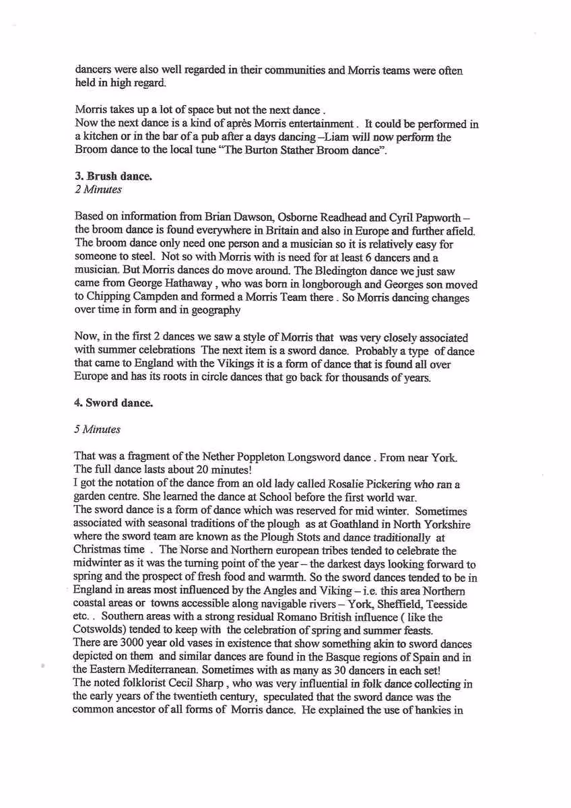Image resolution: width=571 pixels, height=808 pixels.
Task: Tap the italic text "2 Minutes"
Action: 98,189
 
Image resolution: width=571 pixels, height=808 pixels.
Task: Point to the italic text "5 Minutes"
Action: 98,429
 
